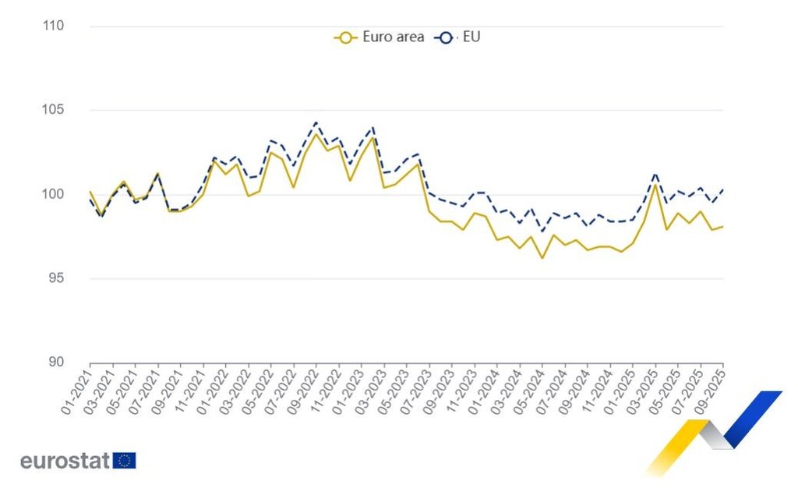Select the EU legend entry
click(x=460, y=37)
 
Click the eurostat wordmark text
click(x=65, y=461)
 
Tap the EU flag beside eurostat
click(x=125, y=461)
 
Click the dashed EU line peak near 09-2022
click(x=316, y=122)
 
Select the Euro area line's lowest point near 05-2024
click(x=542, y=258)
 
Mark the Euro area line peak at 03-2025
click(x=655, y=184)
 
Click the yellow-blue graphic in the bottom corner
click(x=713, y=433)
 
